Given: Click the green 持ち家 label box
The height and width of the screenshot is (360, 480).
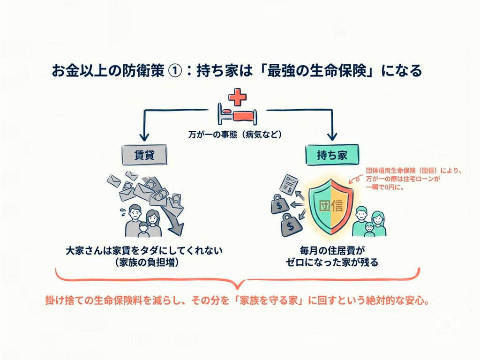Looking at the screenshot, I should (x=332, y=155).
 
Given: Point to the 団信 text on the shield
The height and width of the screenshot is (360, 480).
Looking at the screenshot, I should (x=331, y=206).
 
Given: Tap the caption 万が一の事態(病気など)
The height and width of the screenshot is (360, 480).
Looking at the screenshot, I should (x=240, y=135).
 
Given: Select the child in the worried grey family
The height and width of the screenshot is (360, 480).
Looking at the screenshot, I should (x=143, y=229).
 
